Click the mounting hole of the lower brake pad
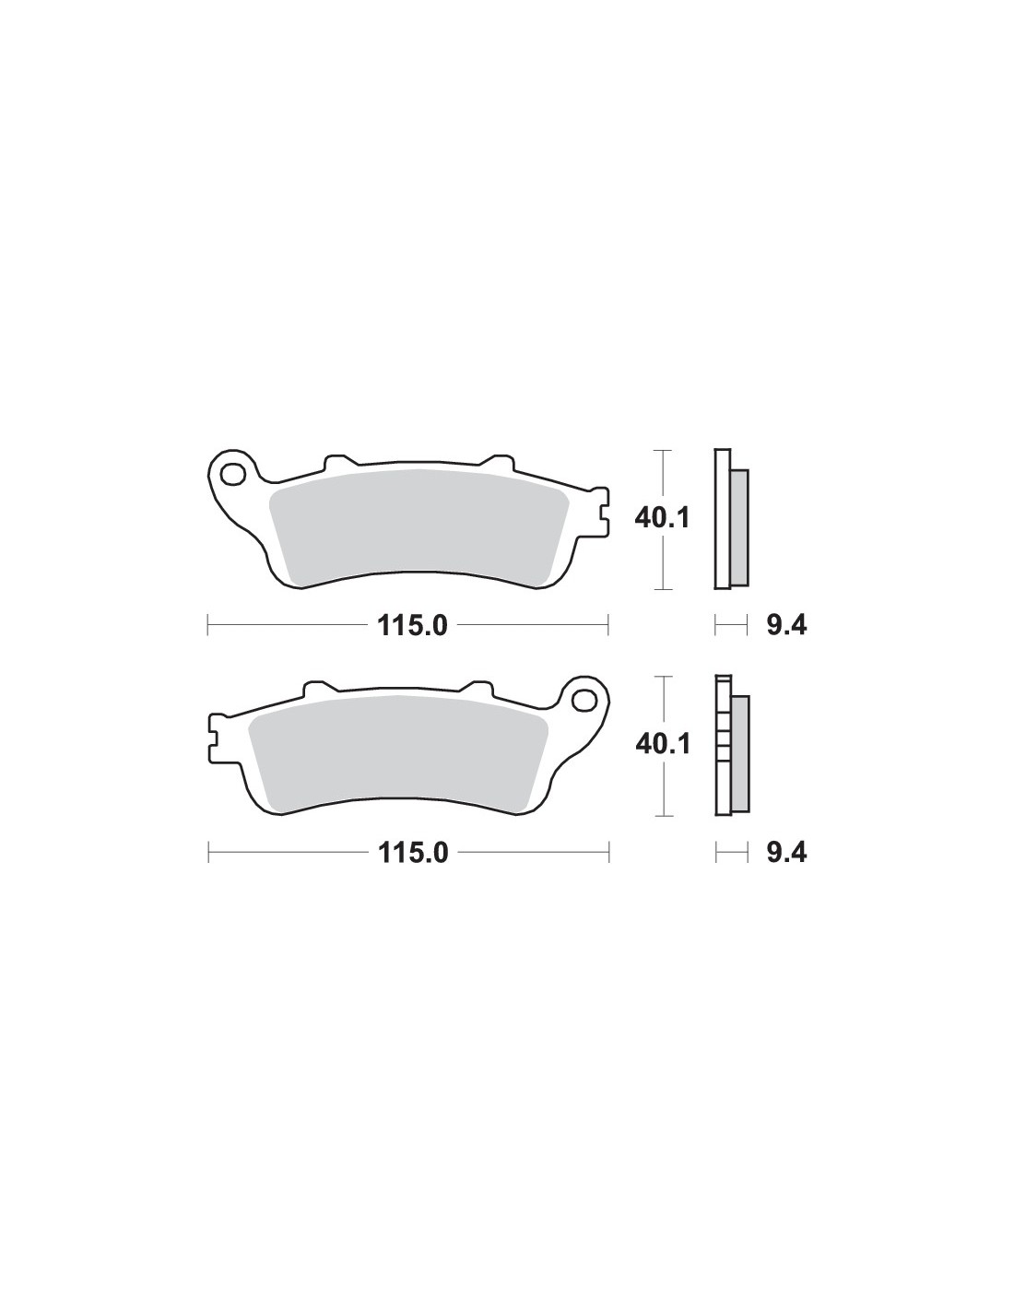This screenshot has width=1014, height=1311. click(x=584, y=701)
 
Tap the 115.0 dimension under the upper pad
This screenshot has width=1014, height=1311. click(x=413, y=626)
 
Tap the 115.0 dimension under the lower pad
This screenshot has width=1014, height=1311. click(x=413, y=853)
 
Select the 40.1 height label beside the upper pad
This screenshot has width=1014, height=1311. click(x=662, y=518)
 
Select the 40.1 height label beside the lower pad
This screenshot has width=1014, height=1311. click(x=663, y=745)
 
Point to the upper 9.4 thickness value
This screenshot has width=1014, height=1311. click(x=786, y=626)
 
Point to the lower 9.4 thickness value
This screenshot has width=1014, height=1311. click(x=786, y=853)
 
